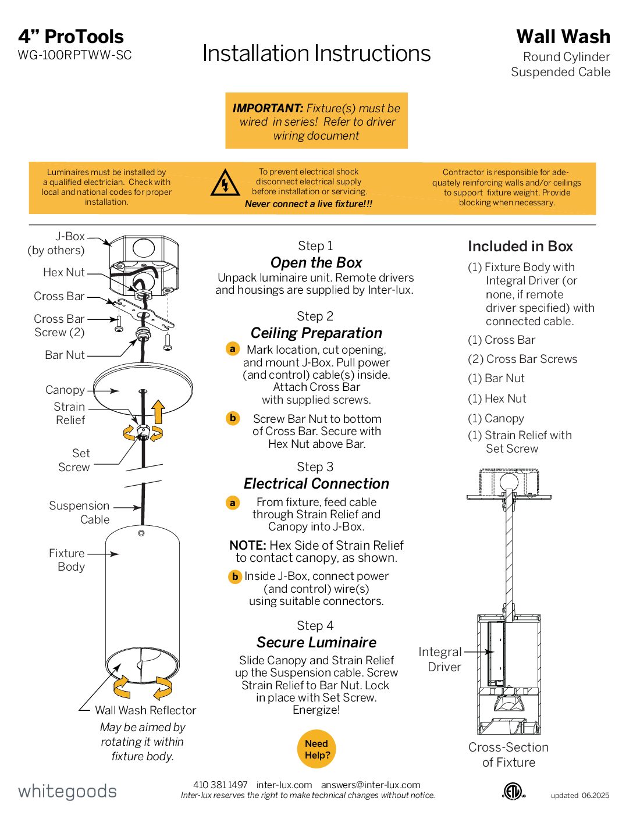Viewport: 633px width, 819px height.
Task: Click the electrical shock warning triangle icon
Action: click(x=225, y=183)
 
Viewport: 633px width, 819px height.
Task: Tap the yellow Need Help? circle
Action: click(x=316, y=749)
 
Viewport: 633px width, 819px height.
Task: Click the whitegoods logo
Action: click(x=67, y=791)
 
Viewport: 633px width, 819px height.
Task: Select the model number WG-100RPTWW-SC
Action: click(x=74, y=55)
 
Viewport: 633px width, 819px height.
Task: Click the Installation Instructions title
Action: click(x=316, y=54)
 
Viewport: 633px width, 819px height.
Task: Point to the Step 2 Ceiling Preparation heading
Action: click(x=316, y=333)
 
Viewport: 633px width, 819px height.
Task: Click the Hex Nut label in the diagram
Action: click(x=64, y=272)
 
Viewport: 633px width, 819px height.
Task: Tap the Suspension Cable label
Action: click(x=79, y=512)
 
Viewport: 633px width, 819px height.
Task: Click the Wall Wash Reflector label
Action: click(x=145, y=710)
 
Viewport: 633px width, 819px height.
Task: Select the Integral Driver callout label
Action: click(x=440, y=660)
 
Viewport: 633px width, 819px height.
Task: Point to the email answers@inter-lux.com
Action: click(x=371, y=785)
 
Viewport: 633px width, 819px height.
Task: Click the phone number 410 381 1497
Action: click(x=221, y=785)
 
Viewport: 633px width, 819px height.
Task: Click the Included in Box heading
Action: click(x=520, y=246)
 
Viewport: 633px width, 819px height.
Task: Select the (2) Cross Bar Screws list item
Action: click(x=522, y=359)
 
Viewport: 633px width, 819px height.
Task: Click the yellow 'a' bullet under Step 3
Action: click(x=233, y=503)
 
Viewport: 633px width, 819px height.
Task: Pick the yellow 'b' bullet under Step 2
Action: click(x=233, y=418)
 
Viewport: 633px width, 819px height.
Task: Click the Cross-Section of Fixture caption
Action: click(x=508, y=754)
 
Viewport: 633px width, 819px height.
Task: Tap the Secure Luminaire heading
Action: click(x=316, y=642)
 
